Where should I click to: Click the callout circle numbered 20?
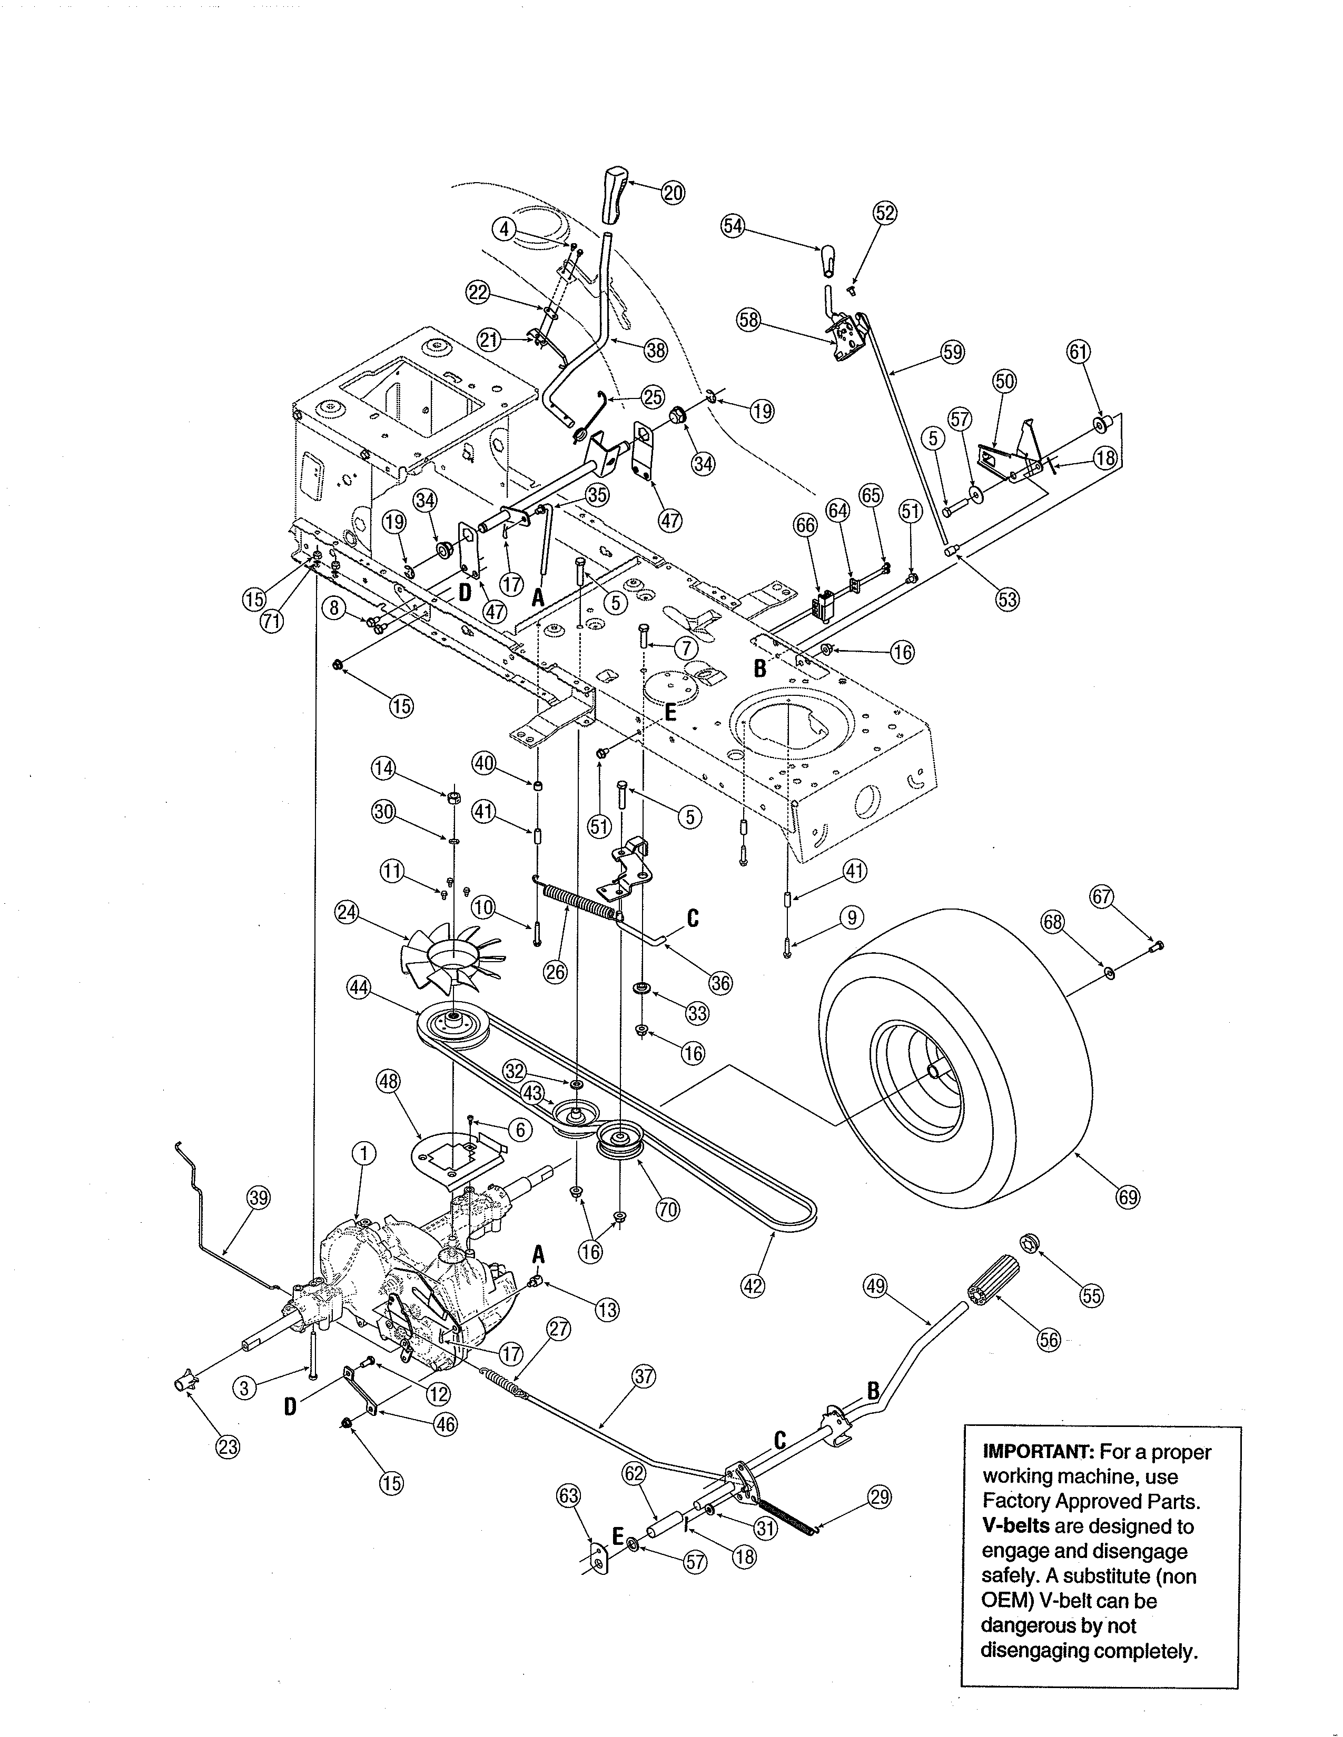(x=673, y=193)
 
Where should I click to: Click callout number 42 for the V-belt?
(x=752, y=1285)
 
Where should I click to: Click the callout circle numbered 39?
(x=259, y=1198)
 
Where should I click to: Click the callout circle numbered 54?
(x=733, y=226)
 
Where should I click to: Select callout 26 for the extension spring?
(x=555, y=971)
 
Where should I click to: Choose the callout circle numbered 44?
(x=359, y=989)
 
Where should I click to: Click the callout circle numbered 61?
(x=1078, y=352)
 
